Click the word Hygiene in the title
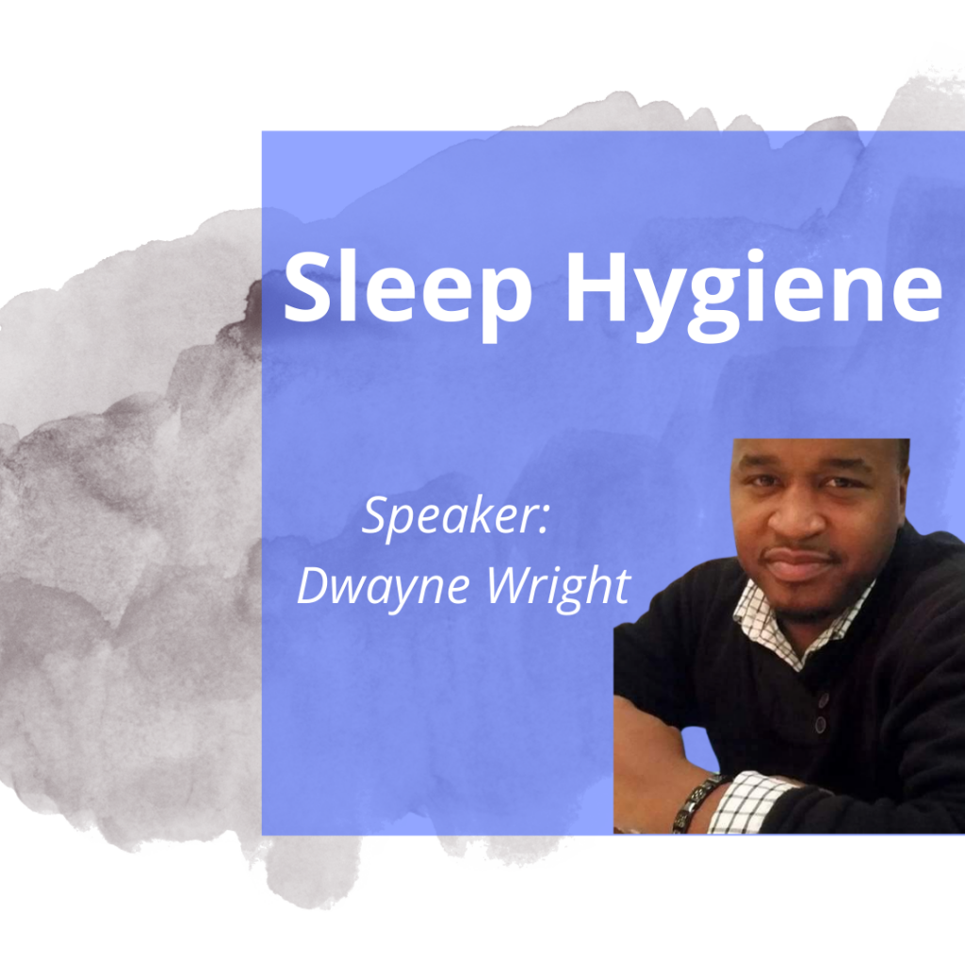click(x=754, y=294)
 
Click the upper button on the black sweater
click(x=824, y=699)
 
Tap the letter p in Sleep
click(x=505, y=303)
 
